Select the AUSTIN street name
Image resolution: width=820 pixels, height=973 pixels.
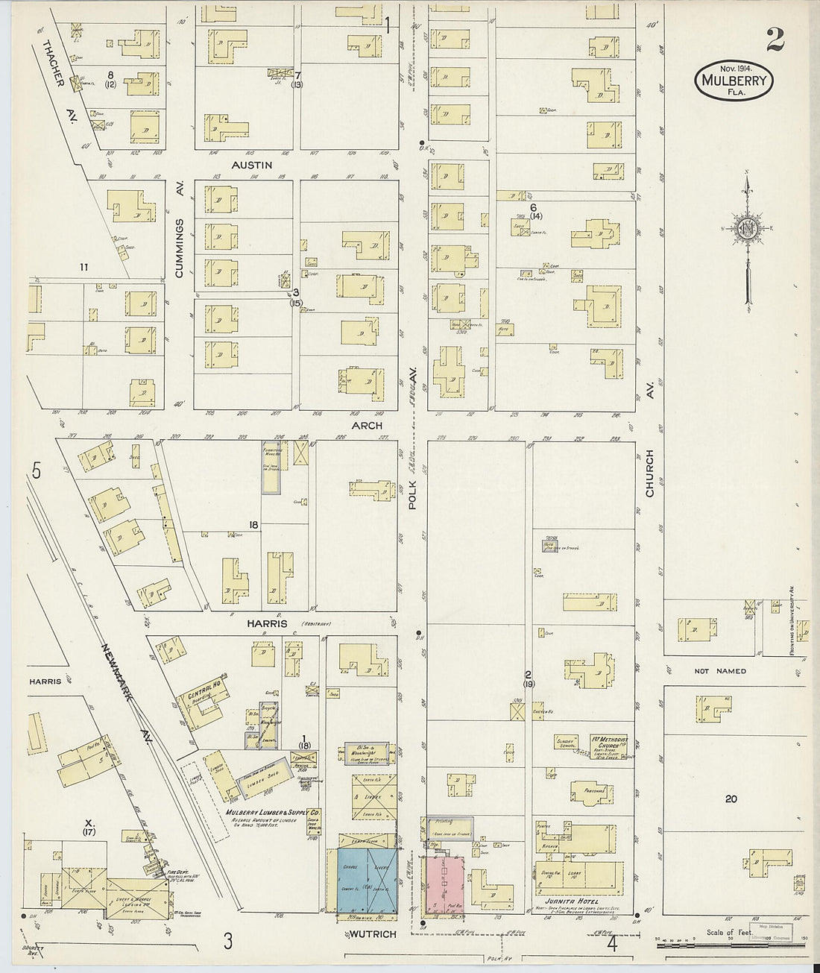[251, 165]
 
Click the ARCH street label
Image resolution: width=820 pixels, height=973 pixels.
[367, 426]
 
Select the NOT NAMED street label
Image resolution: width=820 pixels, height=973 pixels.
[719, 671]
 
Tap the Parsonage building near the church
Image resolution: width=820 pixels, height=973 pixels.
[587, 793]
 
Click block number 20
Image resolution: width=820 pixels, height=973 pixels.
[731, 799]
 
